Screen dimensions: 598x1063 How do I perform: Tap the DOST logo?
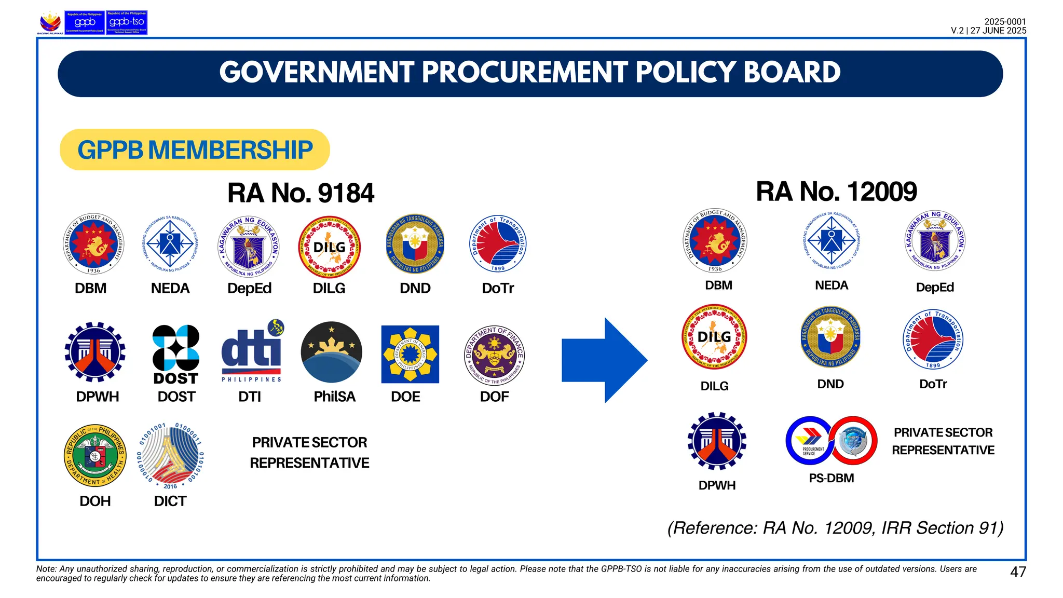pos(176,355)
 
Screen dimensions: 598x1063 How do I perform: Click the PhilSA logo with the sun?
pos(332,352)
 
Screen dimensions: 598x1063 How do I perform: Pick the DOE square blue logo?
pos(410,355)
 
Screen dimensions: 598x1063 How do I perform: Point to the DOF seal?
pos(494,356)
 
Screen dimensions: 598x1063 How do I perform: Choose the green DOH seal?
pos(95,456)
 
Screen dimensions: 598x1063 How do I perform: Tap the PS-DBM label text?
pos(831,478)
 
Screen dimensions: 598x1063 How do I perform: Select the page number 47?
pos(1018,572)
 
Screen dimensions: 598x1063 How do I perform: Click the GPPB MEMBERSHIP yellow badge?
pos(195,150)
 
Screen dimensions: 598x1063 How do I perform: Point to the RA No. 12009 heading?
pos(836,192)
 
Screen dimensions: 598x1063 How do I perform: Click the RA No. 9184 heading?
pos(301,193)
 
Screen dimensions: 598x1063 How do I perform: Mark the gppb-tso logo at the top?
pos(127,23)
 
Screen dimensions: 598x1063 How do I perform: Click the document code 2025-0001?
pos(1005,22)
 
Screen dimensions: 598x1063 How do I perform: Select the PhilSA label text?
pos(334,397)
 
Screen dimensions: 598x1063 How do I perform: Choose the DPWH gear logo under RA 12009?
pos(717,441)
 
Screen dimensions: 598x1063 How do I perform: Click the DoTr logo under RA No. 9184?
pos(498,244)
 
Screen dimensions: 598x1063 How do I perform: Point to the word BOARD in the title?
pos(792,73)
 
